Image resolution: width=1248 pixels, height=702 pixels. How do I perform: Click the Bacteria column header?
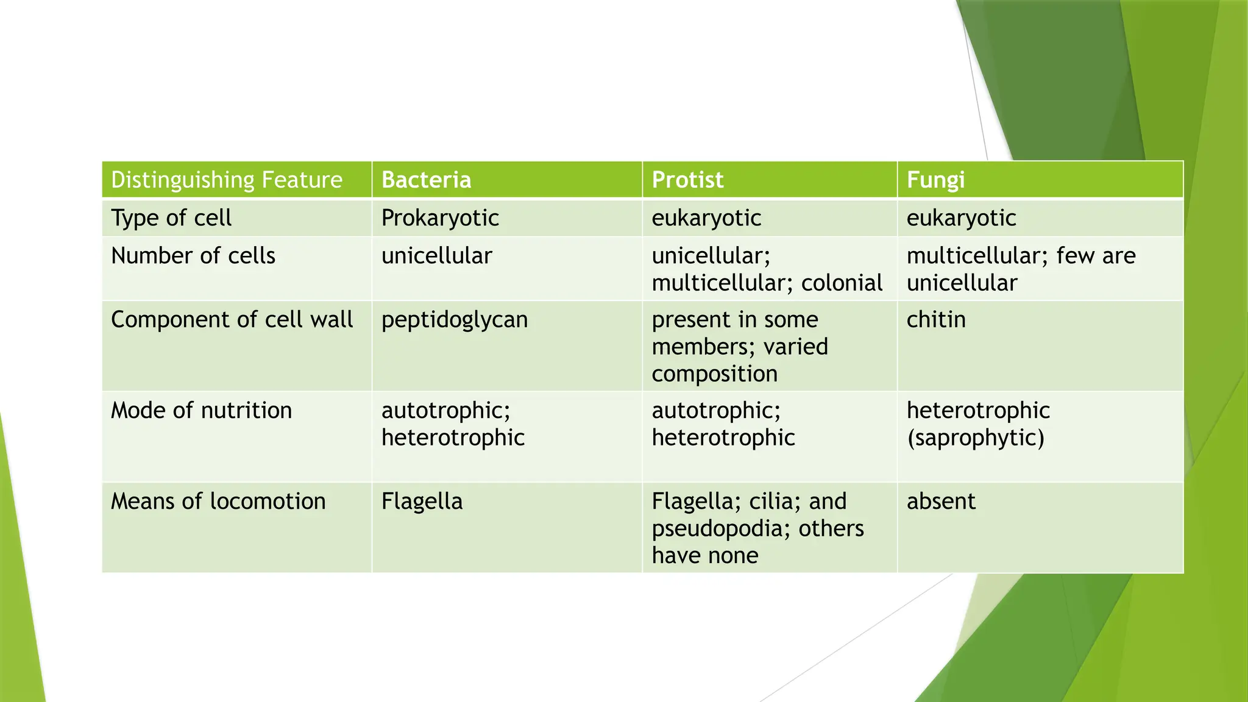click(426, 180)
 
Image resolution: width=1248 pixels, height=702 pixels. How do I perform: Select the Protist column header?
click(687, 180)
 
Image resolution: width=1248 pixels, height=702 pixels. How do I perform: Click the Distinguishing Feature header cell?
click(227, 180)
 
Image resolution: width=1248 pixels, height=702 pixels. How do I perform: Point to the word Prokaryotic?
click(440, 218)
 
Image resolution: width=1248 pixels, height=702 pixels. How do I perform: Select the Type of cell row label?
click(171, 218)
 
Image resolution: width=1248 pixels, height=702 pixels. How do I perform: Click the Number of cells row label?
click(193, 255)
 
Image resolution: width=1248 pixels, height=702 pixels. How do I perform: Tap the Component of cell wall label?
click(232, 319)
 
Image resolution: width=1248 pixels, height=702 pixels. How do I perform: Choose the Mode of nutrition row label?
click(201, 410)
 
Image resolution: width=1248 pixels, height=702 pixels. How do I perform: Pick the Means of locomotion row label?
click(218, 501)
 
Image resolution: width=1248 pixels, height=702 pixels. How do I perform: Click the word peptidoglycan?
click(455, 319)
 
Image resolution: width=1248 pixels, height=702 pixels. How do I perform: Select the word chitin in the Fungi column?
click(936, 319)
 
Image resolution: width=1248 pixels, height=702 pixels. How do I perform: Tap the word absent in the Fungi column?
click(941, 501)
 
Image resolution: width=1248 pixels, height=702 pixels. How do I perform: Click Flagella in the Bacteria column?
click(422, 501)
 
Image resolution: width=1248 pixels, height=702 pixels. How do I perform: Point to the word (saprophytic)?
click(976, 438)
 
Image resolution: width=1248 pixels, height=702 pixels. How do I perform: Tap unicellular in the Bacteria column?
click(436, 255)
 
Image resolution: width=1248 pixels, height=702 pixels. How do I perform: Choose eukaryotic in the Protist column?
click(706, 218)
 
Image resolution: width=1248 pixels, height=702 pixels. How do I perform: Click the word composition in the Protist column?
click(714, 374)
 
